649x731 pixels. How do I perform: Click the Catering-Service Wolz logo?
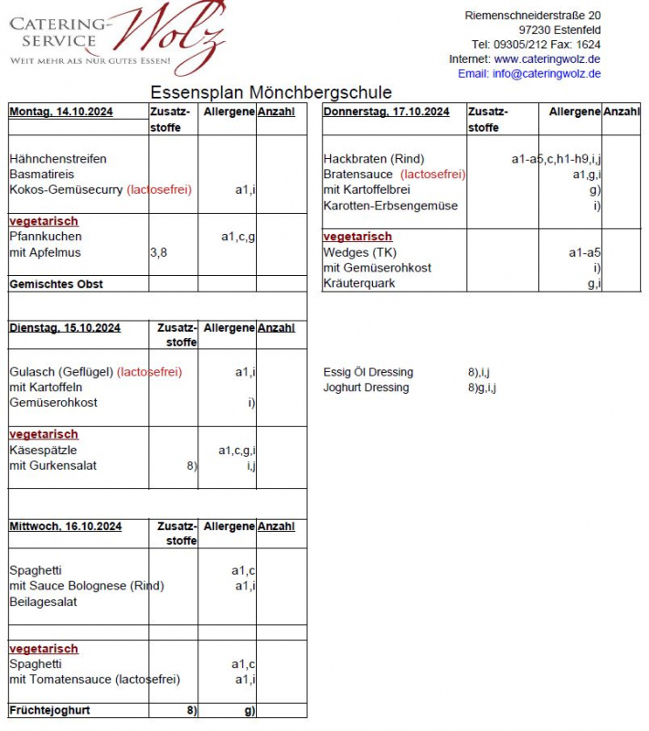click(116, 39)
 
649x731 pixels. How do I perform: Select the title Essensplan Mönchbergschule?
click(271, 92)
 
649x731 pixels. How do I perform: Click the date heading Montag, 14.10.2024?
click(61, 111)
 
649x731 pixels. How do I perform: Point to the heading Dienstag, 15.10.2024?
click(64, 327)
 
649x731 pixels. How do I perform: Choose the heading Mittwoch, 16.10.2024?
click(65, 526)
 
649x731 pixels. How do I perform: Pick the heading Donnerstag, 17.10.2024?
click(386, 111)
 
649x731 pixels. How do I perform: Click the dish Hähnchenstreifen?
click(58, 159)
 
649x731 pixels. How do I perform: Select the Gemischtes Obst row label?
click(56, 284)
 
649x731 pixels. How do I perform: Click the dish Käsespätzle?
click(43, 450)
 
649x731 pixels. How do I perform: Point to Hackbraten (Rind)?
click(373, 159)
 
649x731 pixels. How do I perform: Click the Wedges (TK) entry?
click(359, 252)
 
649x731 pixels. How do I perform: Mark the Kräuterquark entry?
click(359, 283)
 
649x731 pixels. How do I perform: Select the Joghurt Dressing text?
click(366, 387)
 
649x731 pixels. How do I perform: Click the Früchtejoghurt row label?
click(49, 710)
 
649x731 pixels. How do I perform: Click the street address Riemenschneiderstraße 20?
click(532, 16)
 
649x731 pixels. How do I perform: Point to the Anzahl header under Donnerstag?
click(621, 111)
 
